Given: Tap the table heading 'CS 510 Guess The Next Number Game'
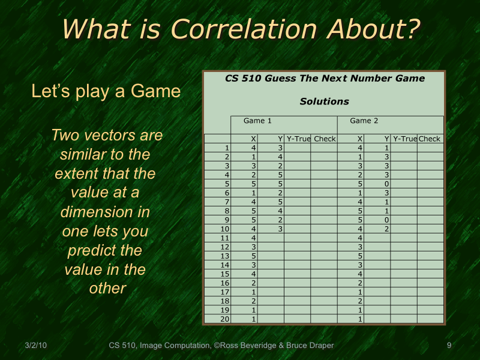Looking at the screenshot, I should [x=325, y=79].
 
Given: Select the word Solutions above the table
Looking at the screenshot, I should [x=325, y=101].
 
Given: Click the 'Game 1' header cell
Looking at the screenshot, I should [x=257, y=121].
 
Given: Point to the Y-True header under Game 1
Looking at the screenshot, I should [x=298, y=139].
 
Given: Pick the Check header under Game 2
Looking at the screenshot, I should [x=430, y=139].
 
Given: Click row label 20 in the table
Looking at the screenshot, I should [x=225, y=319].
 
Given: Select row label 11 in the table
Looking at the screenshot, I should [x=225, y=238].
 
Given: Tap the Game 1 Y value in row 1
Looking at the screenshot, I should [x=280, y=148].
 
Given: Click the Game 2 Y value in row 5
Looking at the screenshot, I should [x=387, y=184].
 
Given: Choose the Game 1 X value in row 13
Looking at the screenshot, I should [x=254, y=256].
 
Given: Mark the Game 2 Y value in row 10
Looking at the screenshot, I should [x=387, y=229].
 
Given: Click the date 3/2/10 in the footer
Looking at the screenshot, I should [x=35, y=345].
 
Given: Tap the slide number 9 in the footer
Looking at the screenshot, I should [x=449, y=345].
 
